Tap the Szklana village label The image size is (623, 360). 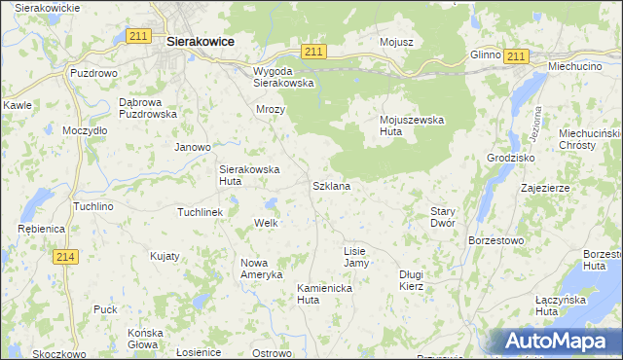click(x=331, y=185)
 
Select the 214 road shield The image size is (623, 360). click(x=66, y=256)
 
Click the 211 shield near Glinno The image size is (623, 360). click(x=516, y=56)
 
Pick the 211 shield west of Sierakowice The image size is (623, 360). click(x=138, y=37)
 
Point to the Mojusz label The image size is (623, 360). click(x=397, y=43)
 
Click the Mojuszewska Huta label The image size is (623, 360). click(x=411, y=126)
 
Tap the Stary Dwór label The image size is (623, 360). click(x=443, y=216)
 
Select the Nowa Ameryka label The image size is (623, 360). click(x=261, y=269)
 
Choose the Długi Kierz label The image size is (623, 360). click(x=412, y=280)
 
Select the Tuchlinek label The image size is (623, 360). click(x=201, y=211)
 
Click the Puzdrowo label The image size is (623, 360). click(x=93, y=73)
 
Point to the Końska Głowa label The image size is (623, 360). click(x=145, y=339)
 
